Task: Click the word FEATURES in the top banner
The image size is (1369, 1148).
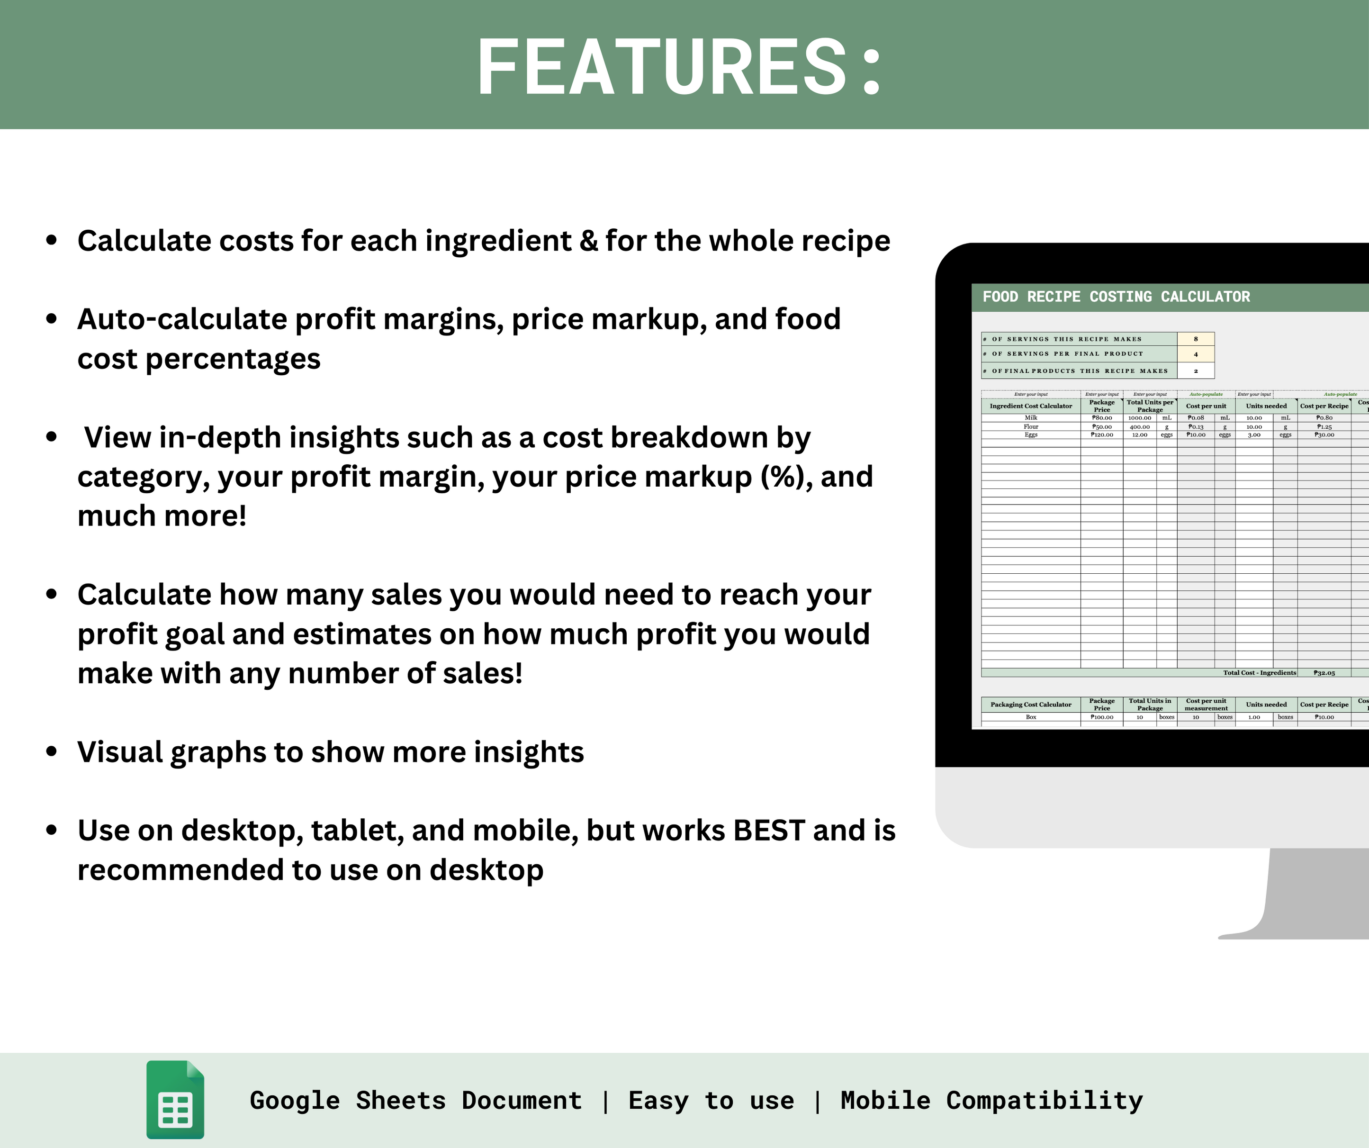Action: pyautogui.click(x=662, y=67)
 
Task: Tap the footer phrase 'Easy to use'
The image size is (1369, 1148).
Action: pyautogui.click(x=711, y=1101)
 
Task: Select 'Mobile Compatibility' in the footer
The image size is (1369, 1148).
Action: pyautogui.click(x=991, y=1101)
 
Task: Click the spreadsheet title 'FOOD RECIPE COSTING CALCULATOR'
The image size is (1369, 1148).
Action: pyautogui.click(x=1116, y=297)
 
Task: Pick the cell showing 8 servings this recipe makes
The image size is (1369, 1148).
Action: pyautogui.click(x=1196, y=339)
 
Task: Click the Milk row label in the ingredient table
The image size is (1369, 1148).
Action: pyautogui.click(x=1031, y=418)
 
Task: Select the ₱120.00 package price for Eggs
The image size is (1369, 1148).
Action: pyautogui.click(x=1102, y=435)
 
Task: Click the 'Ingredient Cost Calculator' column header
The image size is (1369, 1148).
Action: pyautogui.click(x=1031, y=406)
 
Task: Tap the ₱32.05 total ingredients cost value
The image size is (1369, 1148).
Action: pyautogui.click(x=1324, y=673)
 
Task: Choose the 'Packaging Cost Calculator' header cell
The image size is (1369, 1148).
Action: pyautogui.click(x=1031, y=704)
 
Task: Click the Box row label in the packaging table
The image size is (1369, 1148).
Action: pyautogui.click(x=1031, y=717)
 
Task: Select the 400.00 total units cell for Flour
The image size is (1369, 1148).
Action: pyautogui.click(x=1140, y=427)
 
